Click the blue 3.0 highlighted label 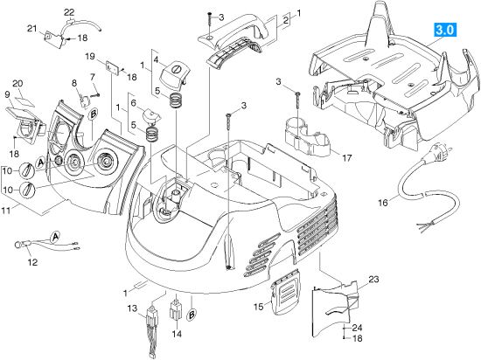coord(445,30)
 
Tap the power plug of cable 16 coord(435,152)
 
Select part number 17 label coord(347,158)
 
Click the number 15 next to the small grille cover coord(259,306)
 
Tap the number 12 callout coord(32,262)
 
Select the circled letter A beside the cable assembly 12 coord(55,237)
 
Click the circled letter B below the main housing coord(192,315)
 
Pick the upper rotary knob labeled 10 coord(26,170)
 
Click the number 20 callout coord(17,83)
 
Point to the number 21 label coord(31,29)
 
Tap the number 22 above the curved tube coord(69,12)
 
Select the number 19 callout coord(90,57)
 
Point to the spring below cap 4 coord(176,100)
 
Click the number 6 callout coord(133,103)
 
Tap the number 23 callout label coord(374,279)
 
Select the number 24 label coord(357,328)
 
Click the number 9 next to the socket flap coord(7,94)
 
